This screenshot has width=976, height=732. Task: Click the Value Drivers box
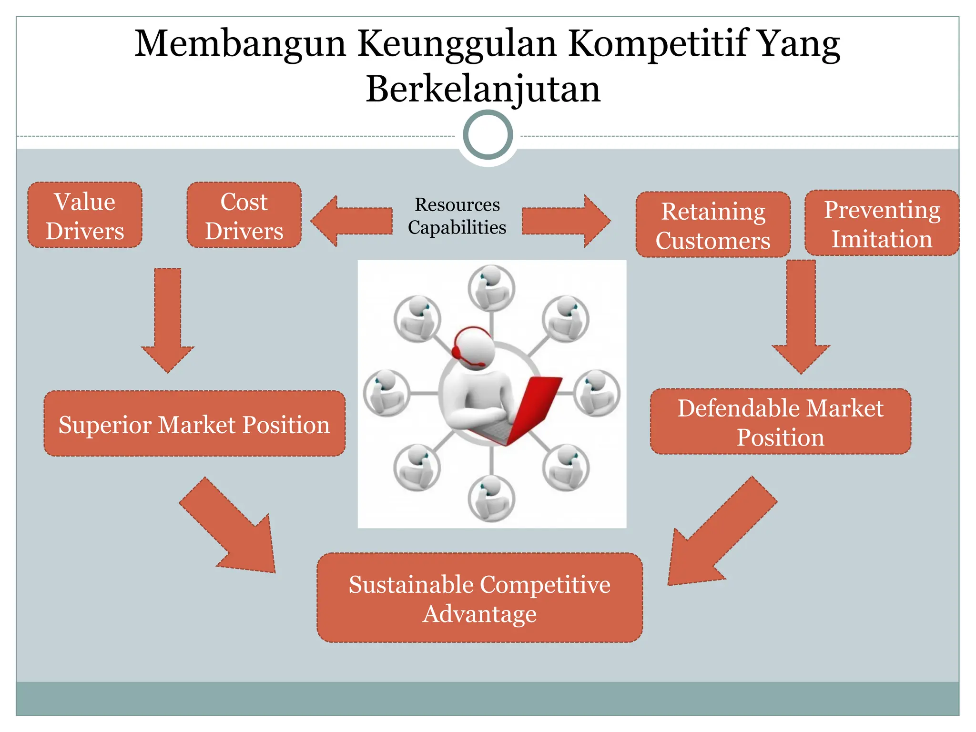click(85, 215)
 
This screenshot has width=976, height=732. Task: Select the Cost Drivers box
click(244, 215)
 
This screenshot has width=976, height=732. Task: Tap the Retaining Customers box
click(713, 225)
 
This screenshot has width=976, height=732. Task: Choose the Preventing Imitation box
click(882, 223)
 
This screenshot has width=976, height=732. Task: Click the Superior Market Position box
click(194, 424)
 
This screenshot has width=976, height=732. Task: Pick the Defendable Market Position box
click(781, 422)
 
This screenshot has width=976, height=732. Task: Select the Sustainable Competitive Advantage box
click(479, 598)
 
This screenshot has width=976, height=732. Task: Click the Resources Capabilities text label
click(457, 216)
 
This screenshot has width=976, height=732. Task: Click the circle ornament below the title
click(488, 135)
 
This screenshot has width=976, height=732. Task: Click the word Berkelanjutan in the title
click(483, 89)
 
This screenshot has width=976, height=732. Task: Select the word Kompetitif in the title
click(658, 44)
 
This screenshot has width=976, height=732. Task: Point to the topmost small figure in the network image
click(491, 287)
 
